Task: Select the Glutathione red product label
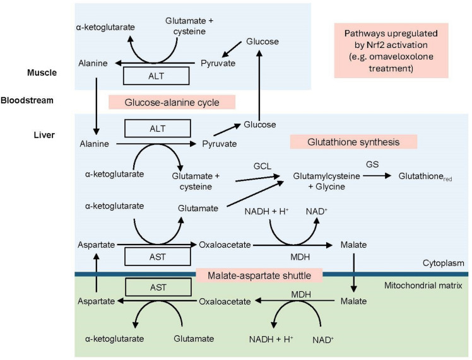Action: tap(425, 178)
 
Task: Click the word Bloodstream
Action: tap(27, 100)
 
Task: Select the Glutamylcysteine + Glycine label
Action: tap(326, 182)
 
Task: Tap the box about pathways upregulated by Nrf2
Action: tap(391, 50)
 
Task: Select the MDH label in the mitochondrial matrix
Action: tap(301, 294)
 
